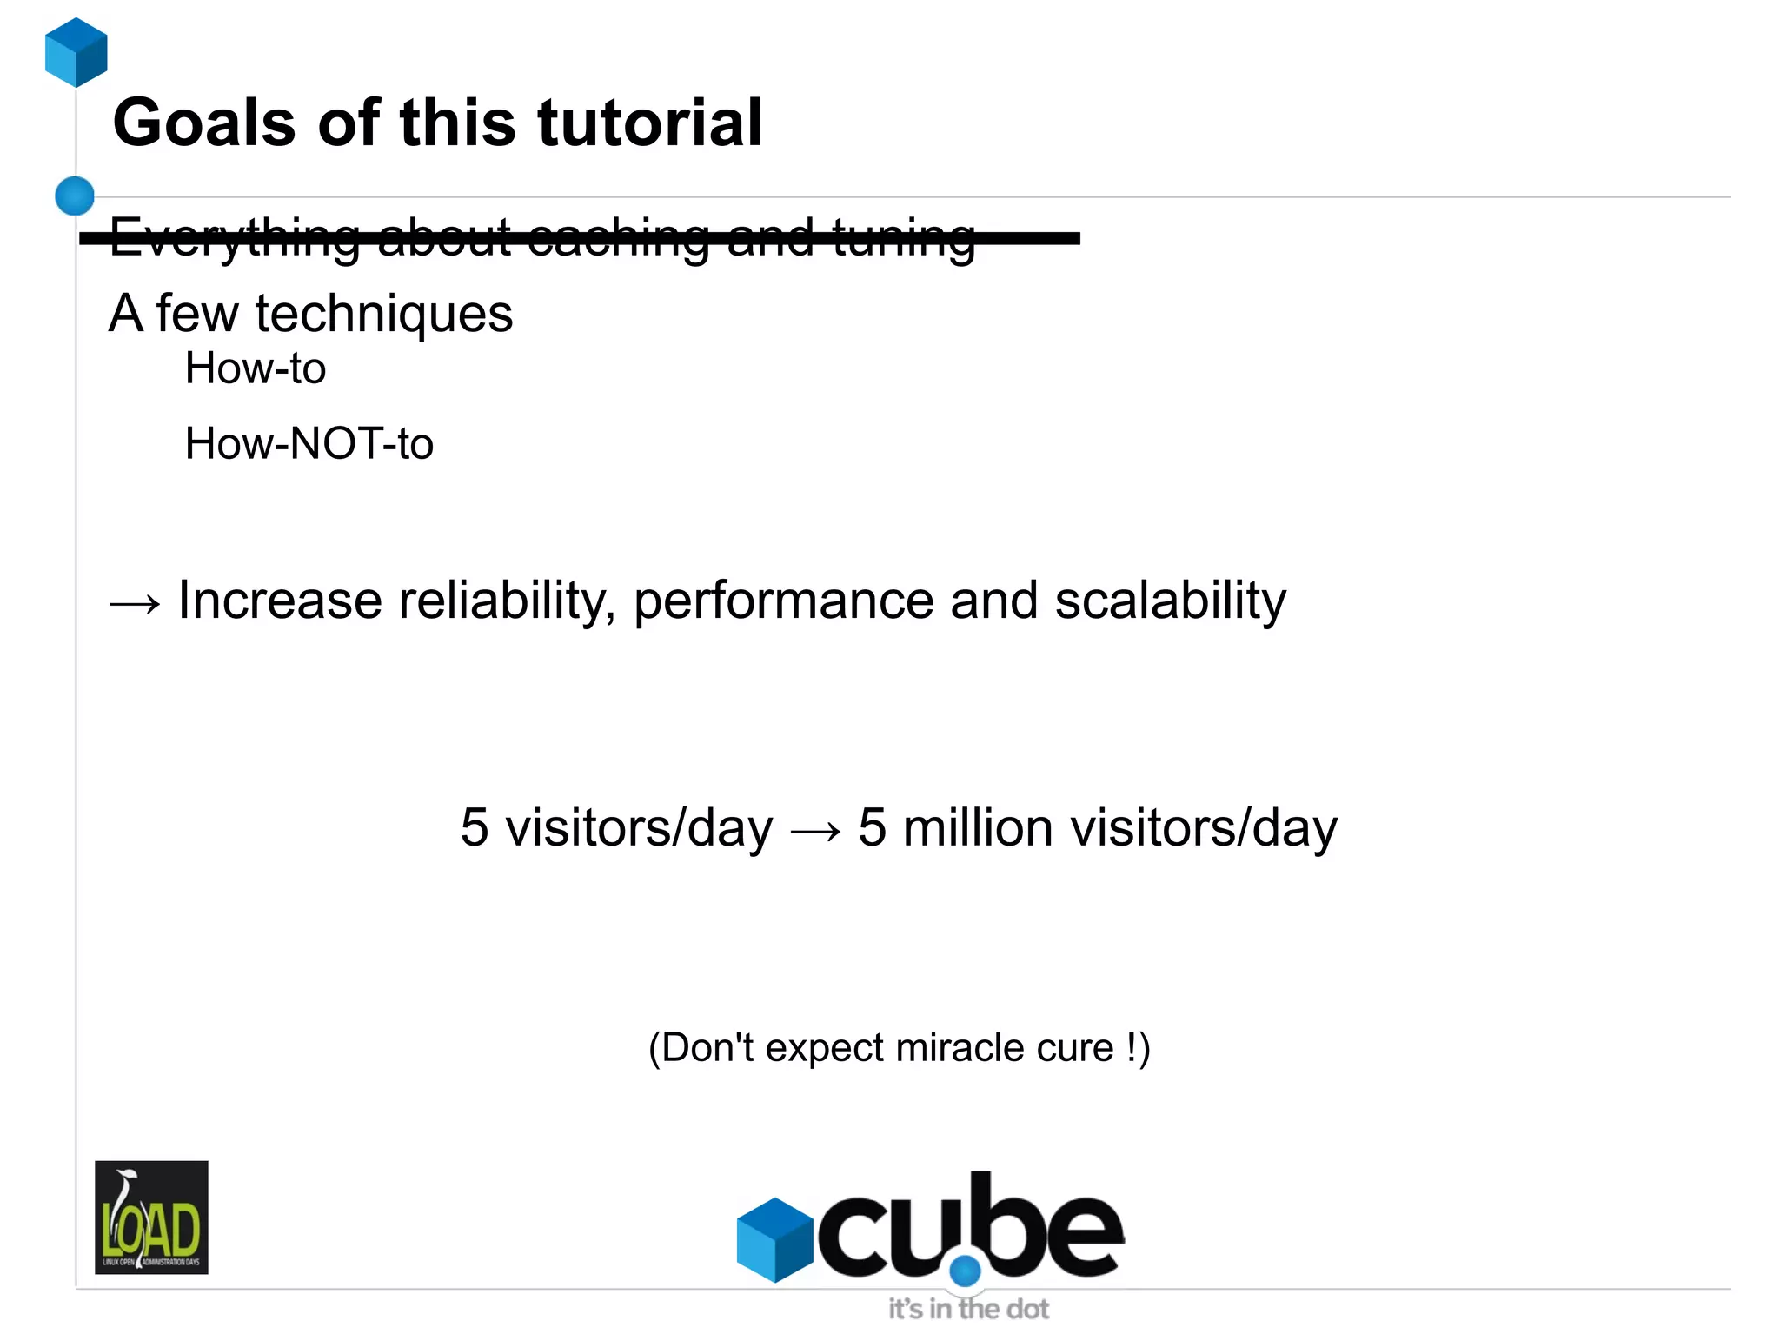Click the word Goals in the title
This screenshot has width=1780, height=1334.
204,123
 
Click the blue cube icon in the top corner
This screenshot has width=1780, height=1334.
76,52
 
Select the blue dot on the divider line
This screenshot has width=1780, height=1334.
75,196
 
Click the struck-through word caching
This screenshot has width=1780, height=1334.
618,237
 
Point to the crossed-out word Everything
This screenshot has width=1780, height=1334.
235,237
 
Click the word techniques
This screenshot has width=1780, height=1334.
383,314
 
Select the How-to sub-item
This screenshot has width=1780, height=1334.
256,368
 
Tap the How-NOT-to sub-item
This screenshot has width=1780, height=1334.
309,443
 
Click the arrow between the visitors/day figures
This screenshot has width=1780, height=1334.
815,831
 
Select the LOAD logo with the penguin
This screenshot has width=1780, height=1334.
151,1217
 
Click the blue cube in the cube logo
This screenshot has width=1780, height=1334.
774,1239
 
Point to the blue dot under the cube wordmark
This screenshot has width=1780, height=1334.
965,1271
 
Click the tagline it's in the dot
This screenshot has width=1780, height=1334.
968,1309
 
